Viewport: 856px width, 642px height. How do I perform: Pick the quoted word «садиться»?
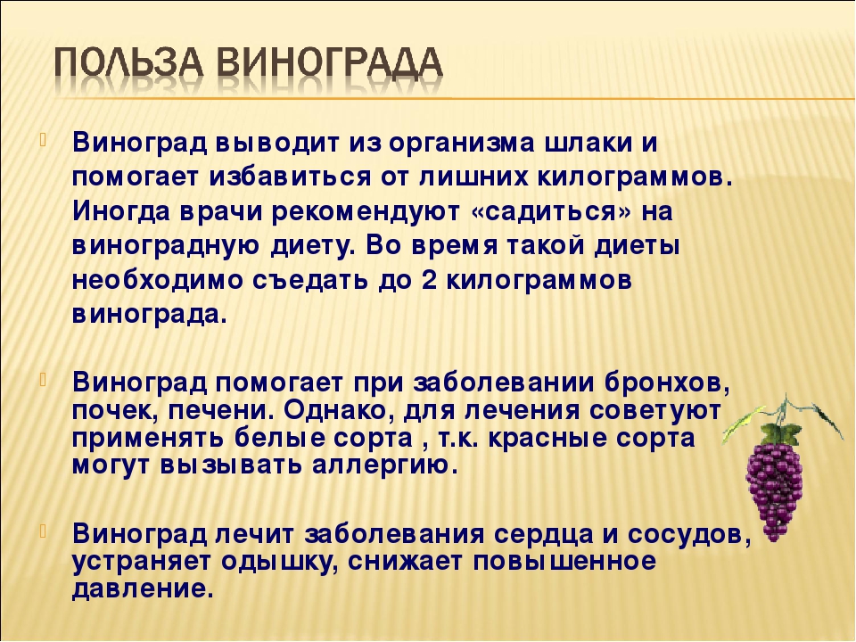(x=551, y=213)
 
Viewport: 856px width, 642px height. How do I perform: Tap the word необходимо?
(x=158, y=281)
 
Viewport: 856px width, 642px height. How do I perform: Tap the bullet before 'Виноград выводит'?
(x=44, y=140)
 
